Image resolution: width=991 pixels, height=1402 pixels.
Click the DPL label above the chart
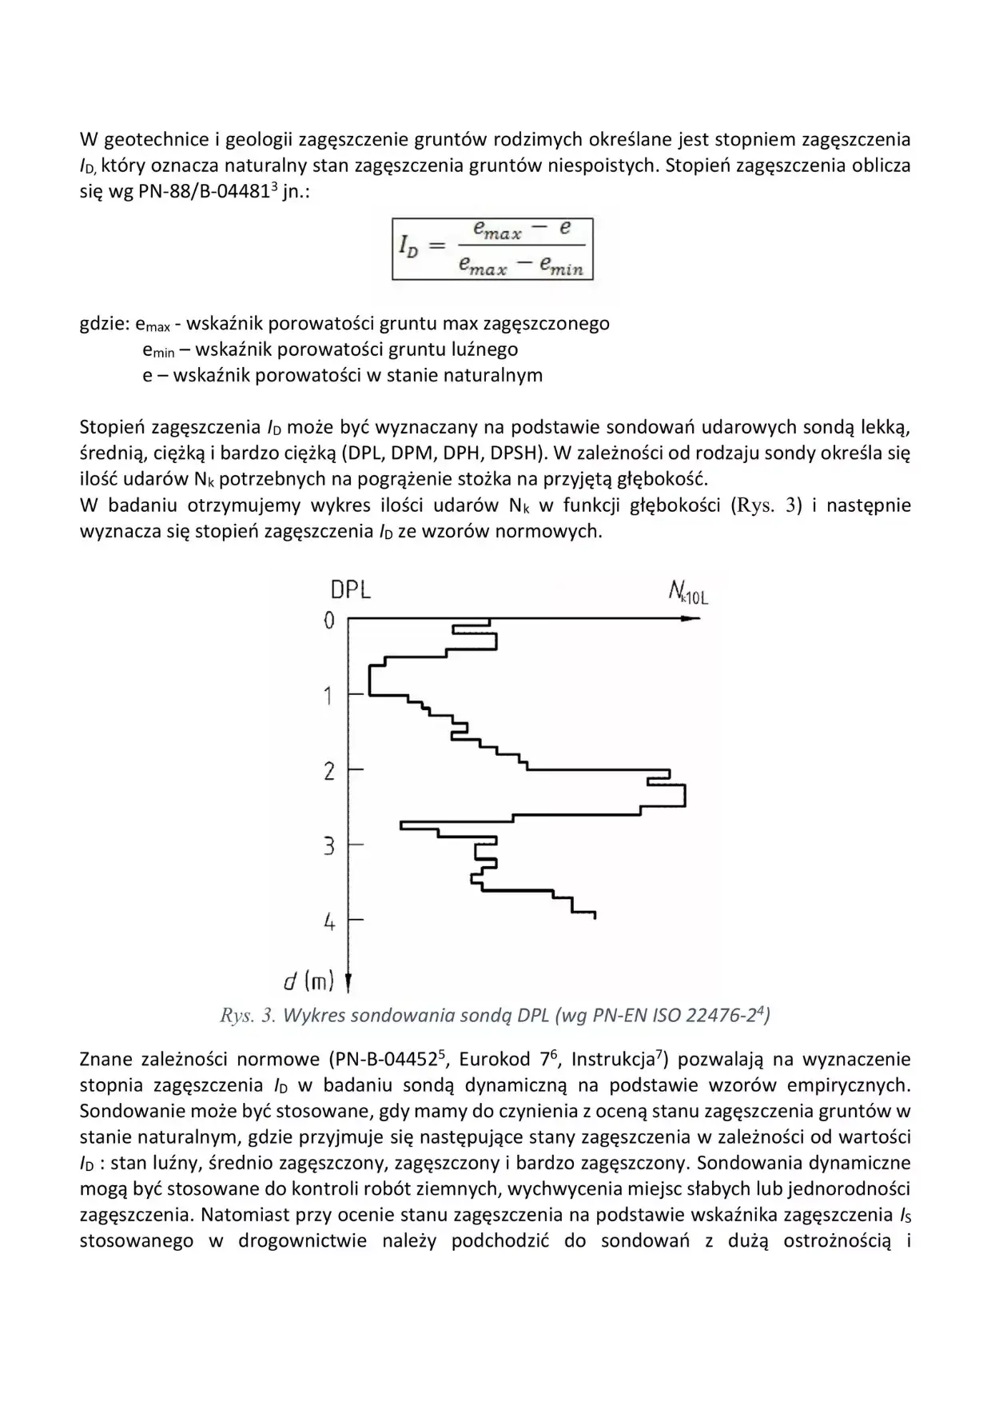pyautogui.click(x=350, y=590)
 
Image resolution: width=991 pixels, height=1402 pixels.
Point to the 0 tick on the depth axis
pyautogui.click(x=329, y=620)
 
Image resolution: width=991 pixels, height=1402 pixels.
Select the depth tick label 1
pyautogui.click(x=328, y=696)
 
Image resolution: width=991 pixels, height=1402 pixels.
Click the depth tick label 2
pyautogui.click(x=328, y=772)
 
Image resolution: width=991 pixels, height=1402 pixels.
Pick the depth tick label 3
pyautogui.click(x=328, y=846)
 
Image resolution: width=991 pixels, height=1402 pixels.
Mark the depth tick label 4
pyautogui.click(x=329, y=922)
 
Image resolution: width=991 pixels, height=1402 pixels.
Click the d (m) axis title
pyautogui.click(x=308, y=981)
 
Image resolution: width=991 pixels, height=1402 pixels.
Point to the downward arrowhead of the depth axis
pyautogui.click(x=348, y=982)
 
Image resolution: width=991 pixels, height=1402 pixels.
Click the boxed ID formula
pyautogui.click(x=492, y=248)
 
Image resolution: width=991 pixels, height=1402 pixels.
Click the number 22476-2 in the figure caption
pyautogui.click(x=727, y=1016)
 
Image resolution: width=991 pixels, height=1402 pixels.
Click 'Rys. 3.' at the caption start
pyautogui.click(x=248, y=1016)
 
